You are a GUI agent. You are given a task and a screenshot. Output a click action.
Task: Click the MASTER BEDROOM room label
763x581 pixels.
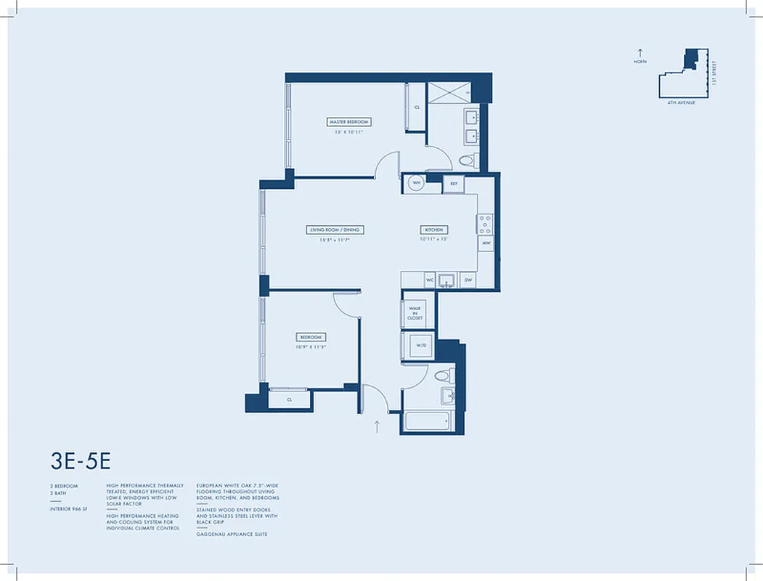pos(348,122)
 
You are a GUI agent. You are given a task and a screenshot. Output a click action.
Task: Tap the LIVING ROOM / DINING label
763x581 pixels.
pos(334,229)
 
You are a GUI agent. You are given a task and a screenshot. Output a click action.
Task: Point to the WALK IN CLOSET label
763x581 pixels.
pos(416,312)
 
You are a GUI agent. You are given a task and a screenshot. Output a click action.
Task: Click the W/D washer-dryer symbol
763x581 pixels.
pos(420,346)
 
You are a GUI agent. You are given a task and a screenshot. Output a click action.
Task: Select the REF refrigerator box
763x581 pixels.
pos(453,184)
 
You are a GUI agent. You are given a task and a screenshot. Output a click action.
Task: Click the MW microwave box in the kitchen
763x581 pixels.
pos(486,243)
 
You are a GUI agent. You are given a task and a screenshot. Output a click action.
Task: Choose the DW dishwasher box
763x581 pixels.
pos(468,279)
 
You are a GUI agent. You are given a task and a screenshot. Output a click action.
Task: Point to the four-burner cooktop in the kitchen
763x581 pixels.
pos(485,223)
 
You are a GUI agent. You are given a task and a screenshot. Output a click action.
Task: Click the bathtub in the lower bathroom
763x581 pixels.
pos(428,422)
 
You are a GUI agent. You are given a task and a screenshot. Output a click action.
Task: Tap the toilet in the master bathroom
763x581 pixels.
pos(468,161)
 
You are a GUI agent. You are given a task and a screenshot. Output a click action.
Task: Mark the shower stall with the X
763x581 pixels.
pos(449,93)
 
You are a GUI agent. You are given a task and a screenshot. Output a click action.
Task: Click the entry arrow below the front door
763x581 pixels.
pos(377,426)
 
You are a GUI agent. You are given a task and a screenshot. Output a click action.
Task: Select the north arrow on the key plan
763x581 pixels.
pos(640,53)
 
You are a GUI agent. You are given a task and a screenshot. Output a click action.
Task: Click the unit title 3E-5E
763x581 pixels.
pos(81,460)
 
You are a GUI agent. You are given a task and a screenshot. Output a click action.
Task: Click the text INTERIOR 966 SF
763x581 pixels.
pos(70,509)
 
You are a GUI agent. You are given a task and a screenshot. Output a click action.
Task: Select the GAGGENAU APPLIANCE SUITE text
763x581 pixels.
pos(232,534)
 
